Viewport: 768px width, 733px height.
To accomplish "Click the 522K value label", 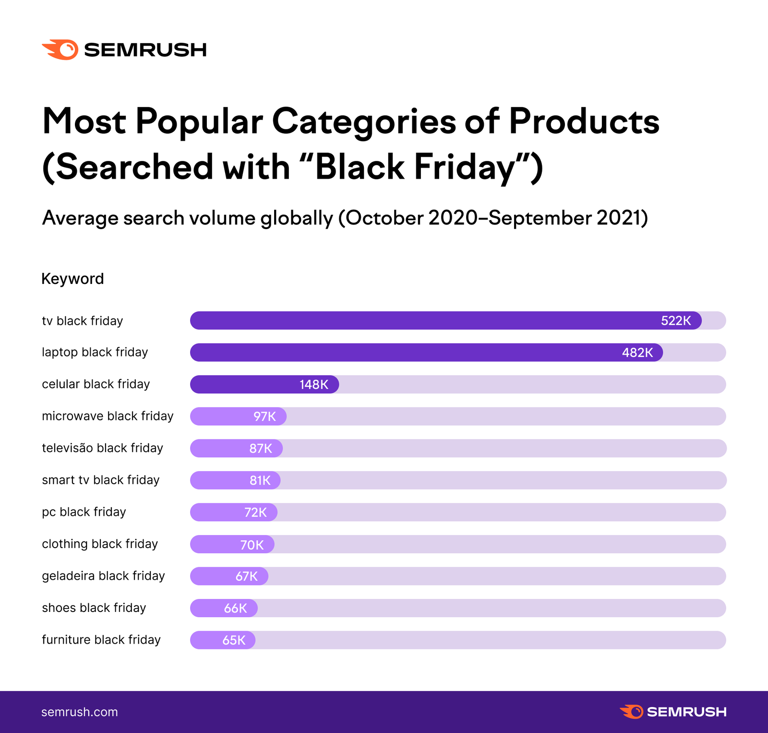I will (675, 321).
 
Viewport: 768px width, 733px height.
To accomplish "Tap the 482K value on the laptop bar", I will (637, 353).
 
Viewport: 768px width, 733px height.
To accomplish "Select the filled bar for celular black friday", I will (264, 384).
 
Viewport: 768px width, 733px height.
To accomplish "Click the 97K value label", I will (264, 416).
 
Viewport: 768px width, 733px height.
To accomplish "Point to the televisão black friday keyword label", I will (102, 448).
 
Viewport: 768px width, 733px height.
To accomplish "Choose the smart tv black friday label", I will (100, 480).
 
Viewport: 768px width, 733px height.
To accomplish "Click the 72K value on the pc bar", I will (255, 513).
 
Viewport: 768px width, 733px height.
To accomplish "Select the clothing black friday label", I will (100, 544).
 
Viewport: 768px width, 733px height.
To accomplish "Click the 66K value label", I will (235, 609).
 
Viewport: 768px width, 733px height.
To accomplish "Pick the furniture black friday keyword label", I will (101, 640).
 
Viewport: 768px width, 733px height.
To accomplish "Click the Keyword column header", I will (72, 279).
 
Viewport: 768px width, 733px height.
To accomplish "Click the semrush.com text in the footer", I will (79, 712).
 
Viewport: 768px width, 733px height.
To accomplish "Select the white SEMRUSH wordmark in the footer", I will (686, 712).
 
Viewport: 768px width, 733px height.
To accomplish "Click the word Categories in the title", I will (363, 121).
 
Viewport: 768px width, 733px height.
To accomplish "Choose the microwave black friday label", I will (108, 416).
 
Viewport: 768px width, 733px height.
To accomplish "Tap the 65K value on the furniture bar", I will (234, 640).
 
